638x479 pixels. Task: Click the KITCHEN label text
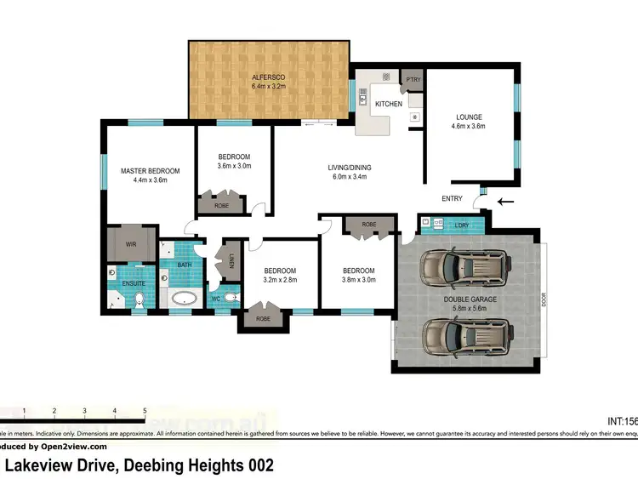389,104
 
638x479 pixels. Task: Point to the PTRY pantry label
413,80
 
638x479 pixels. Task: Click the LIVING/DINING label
350,168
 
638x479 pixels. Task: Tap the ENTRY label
452,199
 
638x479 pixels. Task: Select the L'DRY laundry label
463,225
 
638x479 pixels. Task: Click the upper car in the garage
466,268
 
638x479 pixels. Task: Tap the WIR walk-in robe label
131,244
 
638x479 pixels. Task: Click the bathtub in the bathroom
184,298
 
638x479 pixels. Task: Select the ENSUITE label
134,282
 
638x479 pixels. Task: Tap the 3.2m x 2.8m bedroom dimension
280,280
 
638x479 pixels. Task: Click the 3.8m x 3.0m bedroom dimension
357,280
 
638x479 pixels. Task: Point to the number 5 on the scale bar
145,411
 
